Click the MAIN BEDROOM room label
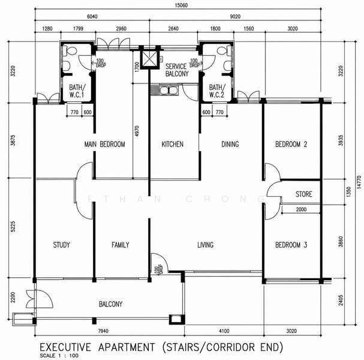(x=104, y=144)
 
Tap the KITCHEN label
(x=173, y=144)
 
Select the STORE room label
(x=304, y=194)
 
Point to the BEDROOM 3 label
(x=291, y=245)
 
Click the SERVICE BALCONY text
(x=177, y=70)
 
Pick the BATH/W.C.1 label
(x=77, y=91)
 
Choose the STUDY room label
(x=62, y=245)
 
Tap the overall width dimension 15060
(x=181, y=5)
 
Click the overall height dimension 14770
(x=359, y=182)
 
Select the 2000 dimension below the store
(x=301, y=209)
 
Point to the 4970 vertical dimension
(x=137, y=131)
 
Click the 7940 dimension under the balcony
(x=103, y=331)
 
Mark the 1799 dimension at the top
(x=78, y=29)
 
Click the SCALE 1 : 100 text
(x=59, y=356)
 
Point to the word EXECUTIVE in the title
(x=65, y=347)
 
